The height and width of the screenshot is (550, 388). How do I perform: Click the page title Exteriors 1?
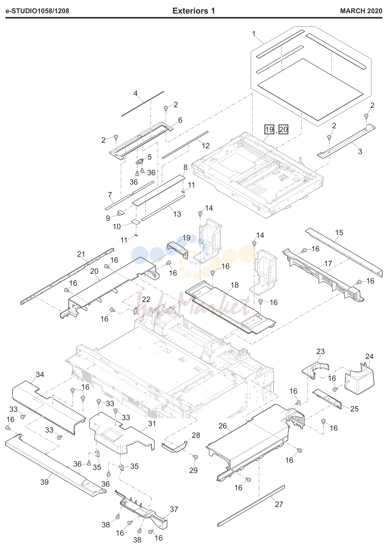click(194, 11)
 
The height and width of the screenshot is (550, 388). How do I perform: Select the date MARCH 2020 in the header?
click(361, 11)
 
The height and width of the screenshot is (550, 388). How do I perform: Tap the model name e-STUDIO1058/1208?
click(37, 11)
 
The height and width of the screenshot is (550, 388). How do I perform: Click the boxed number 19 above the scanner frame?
click(269, 129)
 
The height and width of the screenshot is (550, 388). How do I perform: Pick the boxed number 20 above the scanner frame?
click(283, 129)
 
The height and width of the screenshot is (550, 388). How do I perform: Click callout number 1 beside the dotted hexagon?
click(254, 34)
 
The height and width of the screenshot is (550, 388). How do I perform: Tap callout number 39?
click(45, 482)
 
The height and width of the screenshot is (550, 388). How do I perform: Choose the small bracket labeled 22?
click(134, 311)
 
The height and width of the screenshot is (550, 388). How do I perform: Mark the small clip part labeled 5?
click(140, 162)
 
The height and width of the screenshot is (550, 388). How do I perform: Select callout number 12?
click(206, 146)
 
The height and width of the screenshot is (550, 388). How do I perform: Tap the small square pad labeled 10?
click(136, 222)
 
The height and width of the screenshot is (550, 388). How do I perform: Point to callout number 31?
click(152, 424)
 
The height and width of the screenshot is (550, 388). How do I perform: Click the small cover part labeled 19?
click(178, 250)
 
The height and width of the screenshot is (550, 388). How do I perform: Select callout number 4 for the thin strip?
click(136, 93)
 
